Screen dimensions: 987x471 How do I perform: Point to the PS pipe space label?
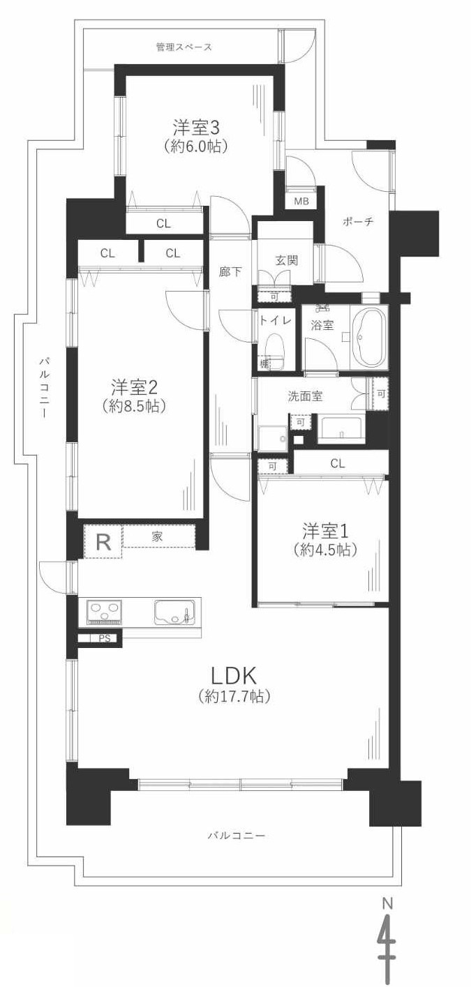coord(104,638)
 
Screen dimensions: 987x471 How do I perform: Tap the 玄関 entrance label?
coord(286,260)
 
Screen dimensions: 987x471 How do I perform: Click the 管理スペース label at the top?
coord(184,47)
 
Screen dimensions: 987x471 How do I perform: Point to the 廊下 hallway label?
coord(230,272)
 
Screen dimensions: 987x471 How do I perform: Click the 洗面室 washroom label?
coord(305,396)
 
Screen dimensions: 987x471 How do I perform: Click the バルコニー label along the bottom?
coord(237,835)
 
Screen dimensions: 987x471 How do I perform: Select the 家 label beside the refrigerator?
coord(158,536)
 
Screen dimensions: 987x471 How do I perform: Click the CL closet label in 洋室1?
coord(338,463)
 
